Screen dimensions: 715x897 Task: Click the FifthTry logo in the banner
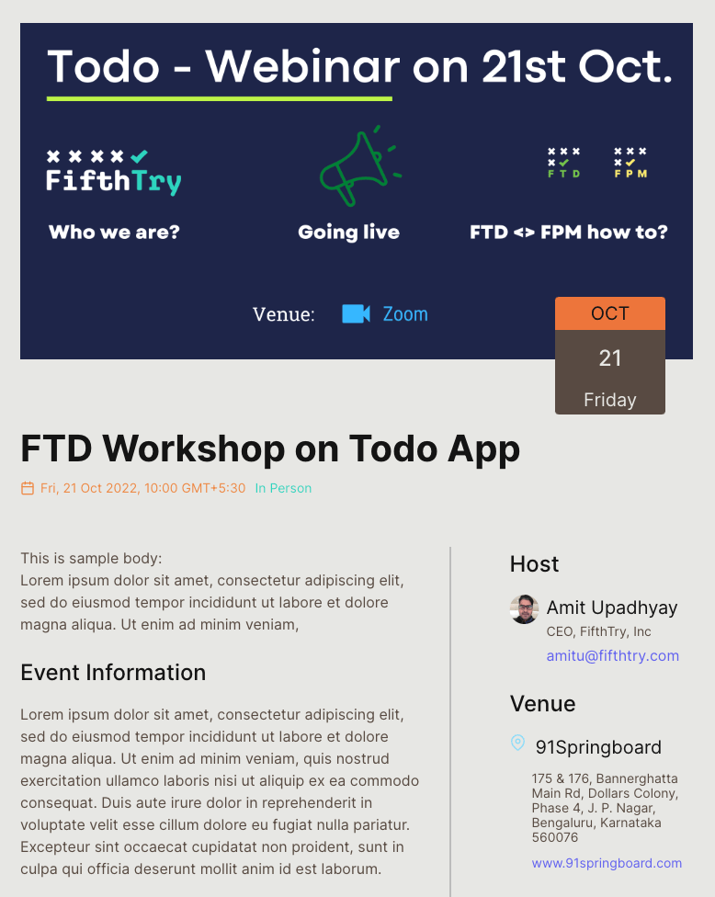(114, 172)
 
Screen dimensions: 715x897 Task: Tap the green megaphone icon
(360, 166)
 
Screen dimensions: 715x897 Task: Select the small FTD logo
(564, 163)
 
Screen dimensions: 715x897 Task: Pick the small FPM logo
(630, 163)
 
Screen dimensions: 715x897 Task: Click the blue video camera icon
(356, 314)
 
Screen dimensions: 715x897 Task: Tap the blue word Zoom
(405, 314)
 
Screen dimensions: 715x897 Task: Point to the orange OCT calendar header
(609, 313)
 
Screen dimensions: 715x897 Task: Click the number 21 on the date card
(609, 358)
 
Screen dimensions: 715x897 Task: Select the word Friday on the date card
(609, 399)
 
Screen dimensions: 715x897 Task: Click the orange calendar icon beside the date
(28, 488)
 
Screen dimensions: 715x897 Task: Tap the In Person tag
(283, 488)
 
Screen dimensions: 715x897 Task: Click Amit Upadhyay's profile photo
(524, 609)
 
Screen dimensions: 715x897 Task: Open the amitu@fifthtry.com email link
(613, 655)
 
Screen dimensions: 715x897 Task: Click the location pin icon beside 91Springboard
(517, 743)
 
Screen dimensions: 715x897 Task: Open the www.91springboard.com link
(607, 863)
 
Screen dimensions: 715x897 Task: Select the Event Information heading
(113, 672)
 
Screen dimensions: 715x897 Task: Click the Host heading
(534, 564)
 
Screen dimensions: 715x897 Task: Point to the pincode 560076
(555, 837)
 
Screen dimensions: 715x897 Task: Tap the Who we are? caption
(114, 233)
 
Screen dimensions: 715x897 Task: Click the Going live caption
(349, 233)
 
